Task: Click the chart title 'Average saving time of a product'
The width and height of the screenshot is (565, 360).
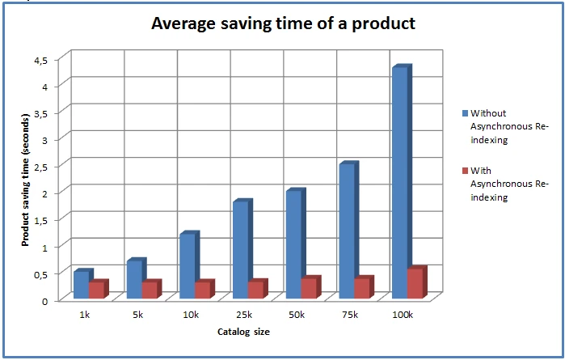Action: click(283, 23)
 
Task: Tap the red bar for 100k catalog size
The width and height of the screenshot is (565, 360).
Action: click(415, 284)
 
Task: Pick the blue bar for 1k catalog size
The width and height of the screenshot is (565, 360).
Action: click(82, 286)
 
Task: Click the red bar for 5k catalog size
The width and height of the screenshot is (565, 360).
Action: click(150, 290)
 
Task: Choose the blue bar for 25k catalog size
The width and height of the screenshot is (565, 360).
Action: click(240, 250)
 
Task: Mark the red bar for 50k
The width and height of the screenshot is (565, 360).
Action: click(309, 289)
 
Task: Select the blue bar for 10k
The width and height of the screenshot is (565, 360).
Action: click(188, 266)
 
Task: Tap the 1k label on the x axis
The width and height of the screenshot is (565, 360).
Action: click(85, 315)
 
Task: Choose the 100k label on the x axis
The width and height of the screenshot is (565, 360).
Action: click(402, 315)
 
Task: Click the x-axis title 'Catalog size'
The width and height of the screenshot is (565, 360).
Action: click(243, 332)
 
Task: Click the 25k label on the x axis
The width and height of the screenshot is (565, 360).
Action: click(243, 315)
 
